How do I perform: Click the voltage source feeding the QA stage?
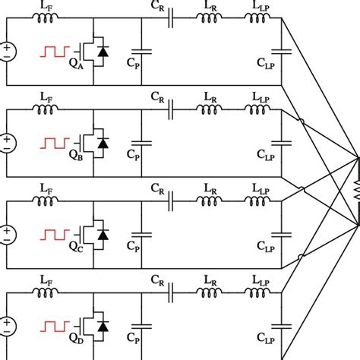pos(8,52)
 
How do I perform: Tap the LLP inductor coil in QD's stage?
pos(257,291)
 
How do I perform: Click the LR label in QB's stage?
pos(211,97)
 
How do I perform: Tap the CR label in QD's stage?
pos(157,279)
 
